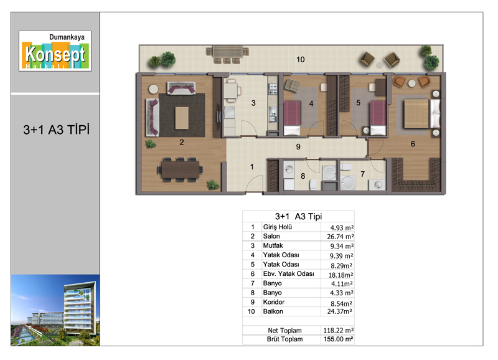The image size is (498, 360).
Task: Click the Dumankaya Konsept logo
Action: tap(55, 51)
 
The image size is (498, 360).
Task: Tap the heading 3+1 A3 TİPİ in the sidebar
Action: tap(56, 130)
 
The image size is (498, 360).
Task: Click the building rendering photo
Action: tap(55, 310)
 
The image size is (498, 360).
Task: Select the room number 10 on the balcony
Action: tap(301, 59)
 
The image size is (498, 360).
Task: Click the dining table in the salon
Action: tap(180, 169)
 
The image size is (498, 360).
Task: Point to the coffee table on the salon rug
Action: tap(182, 118)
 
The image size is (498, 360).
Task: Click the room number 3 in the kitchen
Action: tap(253, 103)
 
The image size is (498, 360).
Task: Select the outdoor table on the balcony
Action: tap(227, 51)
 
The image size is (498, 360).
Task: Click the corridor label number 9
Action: tap(298, 146)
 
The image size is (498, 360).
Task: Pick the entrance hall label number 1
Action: tap(252, 167)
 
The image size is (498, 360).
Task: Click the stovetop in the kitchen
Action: tap(273, 89)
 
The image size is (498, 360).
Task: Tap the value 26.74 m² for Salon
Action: tap(340, 237)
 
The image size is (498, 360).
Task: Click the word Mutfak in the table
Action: tap(273, 245)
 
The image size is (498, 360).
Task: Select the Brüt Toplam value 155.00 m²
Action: tap(338, 339)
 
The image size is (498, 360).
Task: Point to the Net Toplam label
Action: tap(284, 331)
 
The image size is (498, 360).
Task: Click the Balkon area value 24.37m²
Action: tap(339, 311)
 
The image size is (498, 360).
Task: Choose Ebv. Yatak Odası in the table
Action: tap(288, 273)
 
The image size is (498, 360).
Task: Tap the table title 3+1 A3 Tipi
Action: tap(299, 216)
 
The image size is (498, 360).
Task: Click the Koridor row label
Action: tap(274, 302)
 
